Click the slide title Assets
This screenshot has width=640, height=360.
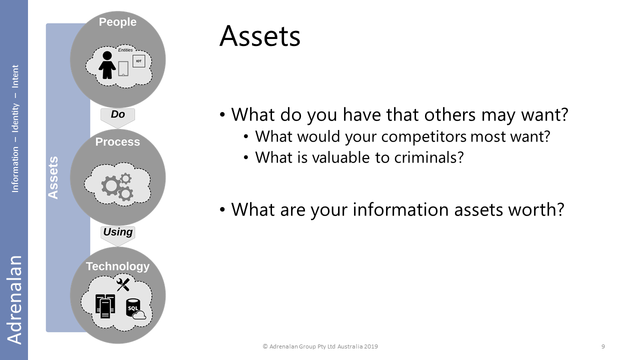click(259, 36)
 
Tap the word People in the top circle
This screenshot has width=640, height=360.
click(117, 22)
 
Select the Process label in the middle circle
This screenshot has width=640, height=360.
click(117, 141)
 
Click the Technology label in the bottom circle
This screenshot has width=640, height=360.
click(117, 266)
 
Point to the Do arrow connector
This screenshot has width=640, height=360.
click(117, 117)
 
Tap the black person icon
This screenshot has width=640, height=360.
click(107, 65)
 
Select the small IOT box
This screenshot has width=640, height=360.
click(139, 61)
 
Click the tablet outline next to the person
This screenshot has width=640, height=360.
click(123, 69)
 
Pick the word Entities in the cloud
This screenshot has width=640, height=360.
click(125, 50)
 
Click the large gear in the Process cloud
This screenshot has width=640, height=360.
click(110, 186)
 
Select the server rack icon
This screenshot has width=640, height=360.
click(105, 306)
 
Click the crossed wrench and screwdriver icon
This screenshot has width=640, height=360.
click(123, 284)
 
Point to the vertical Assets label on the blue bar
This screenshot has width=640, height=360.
click(53, 177)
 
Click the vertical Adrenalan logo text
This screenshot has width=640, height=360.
click(14, 299)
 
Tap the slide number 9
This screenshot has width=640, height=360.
click(603, 346)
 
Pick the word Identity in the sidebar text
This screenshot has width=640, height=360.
click(15, 117)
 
